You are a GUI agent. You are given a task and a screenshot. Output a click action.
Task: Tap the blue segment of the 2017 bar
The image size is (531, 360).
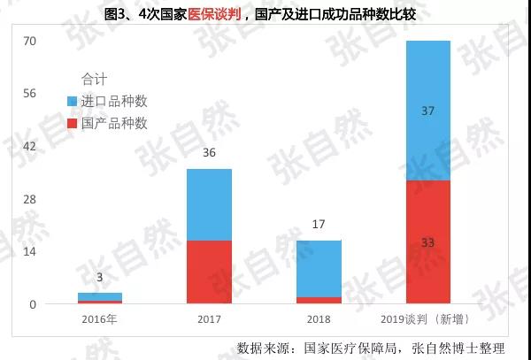pyautogui.click(x=209, y=204)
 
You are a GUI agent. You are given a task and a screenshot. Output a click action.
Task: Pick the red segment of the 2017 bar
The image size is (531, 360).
pyautogui.click(x=209, y=272)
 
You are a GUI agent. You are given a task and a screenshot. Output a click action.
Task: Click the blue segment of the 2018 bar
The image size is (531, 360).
pyautogui.click(x=319, y=268)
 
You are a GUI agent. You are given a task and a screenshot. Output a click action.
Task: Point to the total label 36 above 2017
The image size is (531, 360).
pyautogui.click(x=209, y=154)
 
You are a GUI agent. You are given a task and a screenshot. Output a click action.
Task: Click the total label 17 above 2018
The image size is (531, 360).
pyautogui.click(x=319, y=225)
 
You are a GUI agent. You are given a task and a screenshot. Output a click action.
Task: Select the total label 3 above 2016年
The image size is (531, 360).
pyautogui.click(x=100, y=278)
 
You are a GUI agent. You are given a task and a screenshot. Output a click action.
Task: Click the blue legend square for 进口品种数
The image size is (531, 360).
pyautogui.click(x=72, y=102)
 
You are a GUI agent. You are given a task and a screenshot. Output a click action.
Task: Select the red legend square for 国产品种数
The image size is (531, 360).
pyautogui.click(x=72, y=124)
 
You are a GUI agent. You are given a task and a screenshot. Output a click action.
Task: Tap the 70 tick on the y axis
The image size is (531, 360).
pyautogui.click(x=29, y=41)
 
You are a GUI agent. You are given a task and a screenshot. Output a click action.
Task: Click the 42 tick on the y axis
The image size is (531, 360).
pyautogui.click(x=29, y=146)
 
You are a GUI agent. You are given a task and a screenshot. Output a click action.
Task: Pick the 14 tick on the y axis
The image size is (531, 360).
pyautogui.click(x=29, y=252)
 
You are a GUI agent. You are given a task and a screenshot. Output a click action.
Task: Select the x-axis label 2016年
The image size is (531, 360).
pyautogui.click(x=100, y=319)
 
